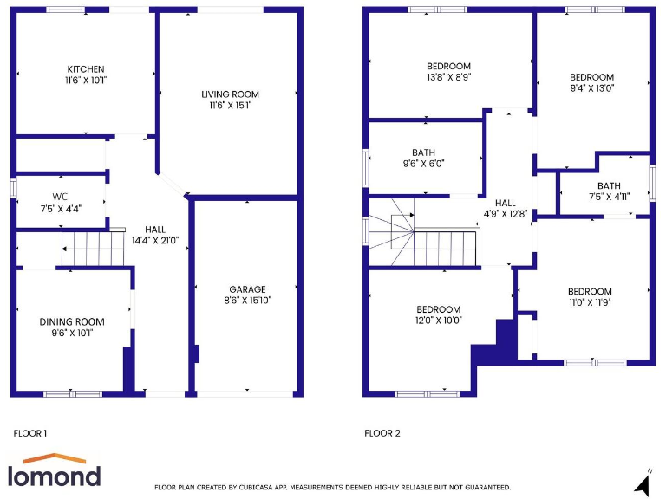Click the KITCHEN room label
[x=86, y=69]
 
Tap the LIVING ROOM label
[x=230, y=94]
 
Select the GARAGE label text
[x=247, y=289]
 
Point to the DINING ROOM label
[x=72, y=321]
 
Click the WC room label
[x=60, y=196]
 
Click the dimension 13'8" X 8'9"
[x=448, y=77]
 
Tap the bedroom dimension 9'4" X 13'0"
[x=592, y=87]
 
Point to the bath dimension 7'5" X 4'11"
[x=609, y=197]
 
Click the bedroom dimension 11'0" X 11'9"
[x=590, y=302]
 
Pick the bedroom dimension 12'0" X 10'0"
[x=438, y=321]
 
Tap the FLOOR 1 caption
[x=30, y=432]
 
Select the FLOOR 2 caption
[x=382, y=433]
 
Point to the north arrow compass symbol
[x=643, y=482]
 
